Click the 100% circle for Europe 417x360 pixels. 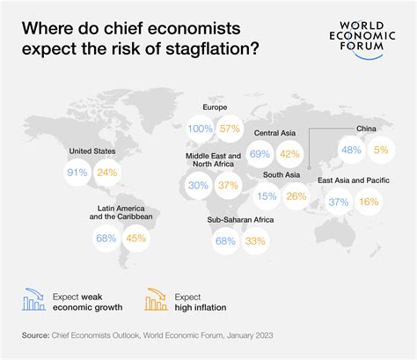[201, 129]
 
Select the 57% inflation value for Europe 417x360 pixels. [231, 129]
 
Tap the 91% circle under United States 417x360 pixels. [77, 173]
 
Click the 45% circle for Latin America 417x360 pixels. [136, 238]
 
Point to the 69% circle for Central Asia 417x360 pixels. [260, 153]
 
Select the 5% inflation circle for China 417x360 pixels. [380, 150]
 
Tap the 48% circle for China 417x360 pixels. [351, 150]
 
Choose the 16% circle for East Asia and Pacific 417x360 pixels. [369, 202]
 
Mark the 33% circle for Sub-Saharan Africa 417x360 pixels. [254, 240]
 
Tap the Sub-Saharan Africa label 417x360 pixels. [239, 219]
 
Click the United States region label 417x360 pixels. [92, 151]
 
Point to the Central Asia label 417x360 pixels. [274, 133]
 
